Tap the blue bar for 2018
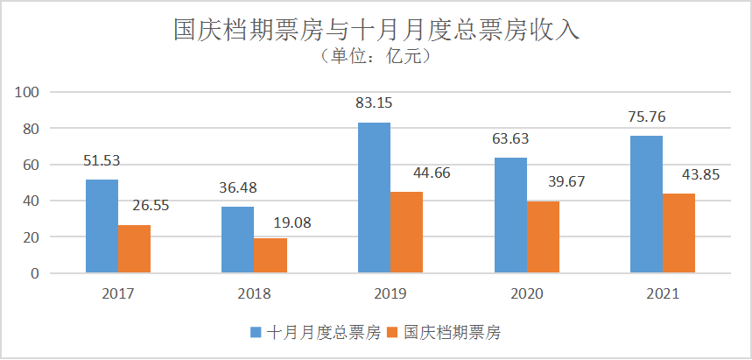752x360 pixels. pos(237,240)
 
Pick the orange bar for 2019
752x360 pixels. pos(407,232)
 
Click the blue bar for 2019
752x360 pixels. pos(374,198)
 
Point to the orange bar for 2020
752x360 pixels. pos(544,237)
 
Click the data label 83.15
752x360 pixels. pos(374,102)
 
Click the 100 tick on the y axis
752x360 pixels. pos(30,92)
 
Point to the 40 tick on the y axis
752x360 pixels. pos(33,201)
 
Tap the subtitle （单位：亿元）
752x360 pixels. pos(376,58)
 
